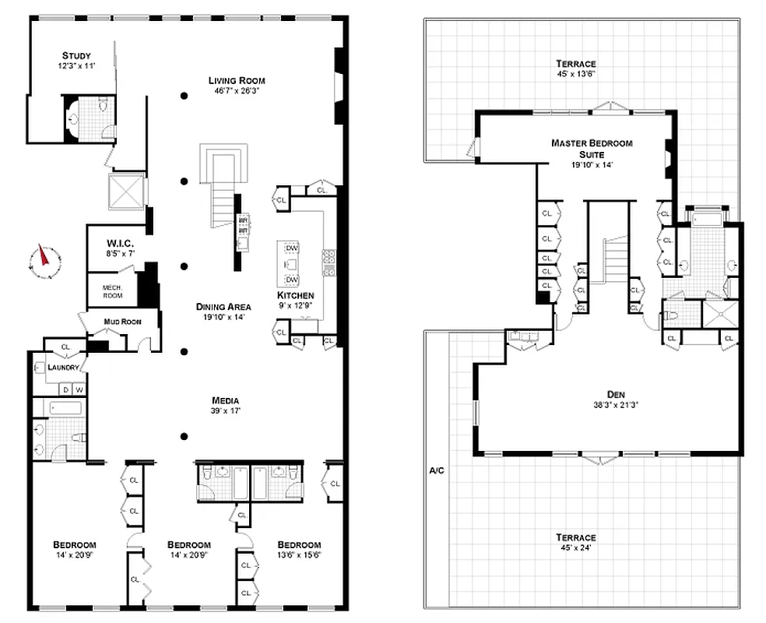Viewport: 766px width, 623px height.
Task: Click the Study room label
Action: [77, 55]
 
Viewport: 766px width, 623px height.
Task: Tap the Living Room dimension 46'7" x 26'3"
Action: [237, 91]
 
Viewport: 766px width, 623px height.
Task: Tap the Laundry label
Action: [64, 368]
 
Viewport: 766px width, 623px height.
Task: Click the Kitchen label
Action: [295, 296]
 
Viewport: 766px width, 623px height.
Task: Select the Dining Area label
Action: [223, 307]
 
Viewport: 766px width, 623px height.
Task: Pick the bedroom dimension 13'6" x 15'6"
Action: [299, 556]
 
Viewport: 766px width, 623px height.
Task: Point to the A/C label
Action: [436, 471]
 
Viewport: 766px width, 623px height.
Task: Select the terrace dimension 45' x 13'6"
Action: [576, 75]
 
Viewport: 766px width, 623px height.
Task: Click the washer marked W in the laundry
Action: [79, 389]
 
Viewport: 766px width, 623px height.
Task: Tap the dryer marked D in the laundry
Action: [65, 389]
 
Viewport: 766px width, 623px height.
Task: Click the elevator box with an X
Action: [126, 191]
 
